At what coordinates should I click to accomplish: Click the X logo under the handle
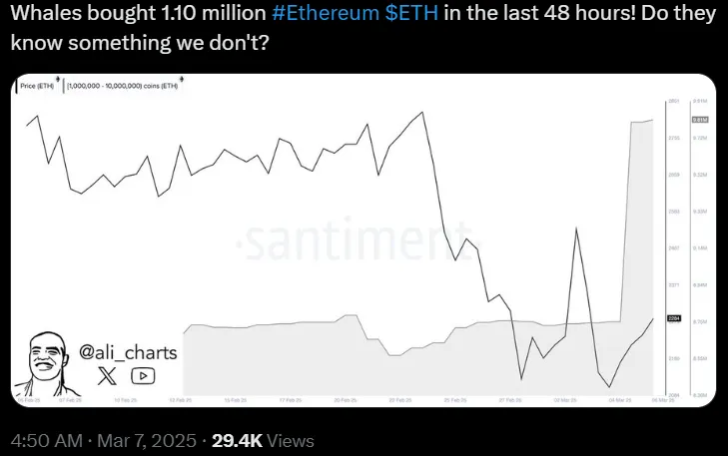[108, 376]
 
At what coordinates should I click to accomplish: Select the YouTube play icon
[143, 376]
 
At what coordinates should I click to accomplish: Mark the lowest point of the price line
[609, 387]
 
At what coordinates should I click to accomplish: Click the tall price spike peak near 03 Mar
[576, 228]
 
